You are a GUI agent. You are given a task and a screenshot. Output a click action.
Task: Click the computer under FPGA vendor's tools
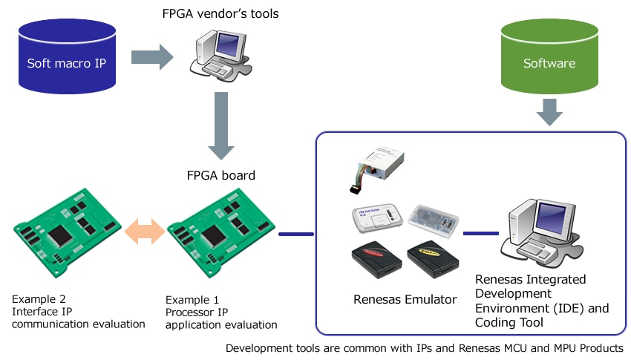[220, 56]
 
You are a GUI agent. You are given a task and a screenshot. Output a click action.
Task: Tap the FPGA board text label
[220, 176]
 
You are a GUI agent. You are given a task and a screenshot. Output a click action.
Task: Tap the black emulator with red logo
[376, 259]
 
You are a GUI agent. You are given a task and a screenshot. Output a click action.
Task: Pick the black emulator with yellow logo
[435, 261]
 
